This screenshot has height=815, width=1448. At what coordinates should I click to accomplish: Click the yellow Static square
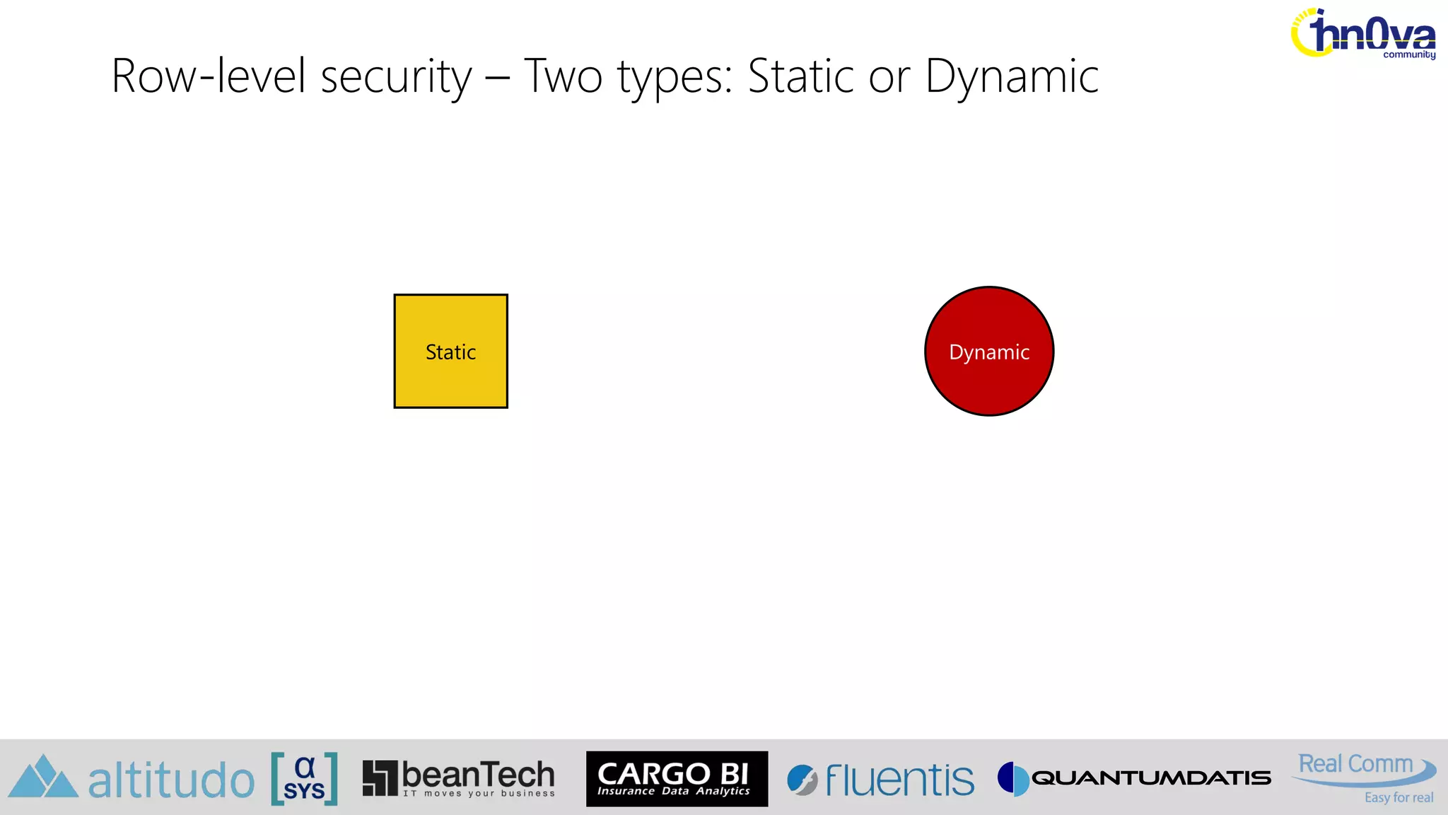coord(450,351)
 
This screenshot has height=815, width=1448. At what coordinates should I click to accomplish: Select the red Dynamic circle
coord(989,351)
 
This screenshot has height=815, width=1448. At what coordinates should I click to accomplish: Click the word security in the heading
coord(395,76)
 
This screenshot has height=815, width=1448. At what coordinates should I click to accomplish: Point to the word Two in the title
coord(563,76)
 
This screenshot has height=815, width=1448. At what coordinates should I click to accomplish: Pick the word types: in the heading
coord(675,76)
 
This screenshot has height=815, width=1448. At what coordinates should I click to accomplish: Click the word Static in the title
coord(801,76)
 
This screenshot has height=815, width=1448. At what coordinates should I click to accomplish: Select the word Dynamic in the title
coord(1012,76)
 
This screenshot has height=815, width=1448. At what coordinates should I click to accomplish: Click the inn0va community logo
coord(1363,34)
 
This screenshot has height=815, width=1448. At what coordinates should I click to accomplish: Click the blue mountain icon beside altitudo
coord(43,778)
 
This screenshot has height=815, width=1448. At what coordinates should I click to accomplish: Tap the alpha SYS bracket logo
coord(304,779)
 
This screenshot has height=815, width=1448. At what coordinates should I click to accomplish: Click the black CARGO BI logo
coord(677,778)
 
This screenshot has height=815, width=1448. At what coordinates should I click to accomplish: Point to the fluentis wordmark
coord(899,780)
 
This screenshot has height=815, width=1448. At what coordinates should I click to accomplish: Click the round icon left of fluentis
coord(802,780)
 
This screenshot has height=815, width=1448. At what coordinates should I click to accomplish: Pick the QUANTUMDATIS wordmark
coord(1151,778)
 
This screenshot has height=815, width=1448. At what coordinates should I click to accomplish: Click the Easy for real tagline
coord(1399,798)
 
